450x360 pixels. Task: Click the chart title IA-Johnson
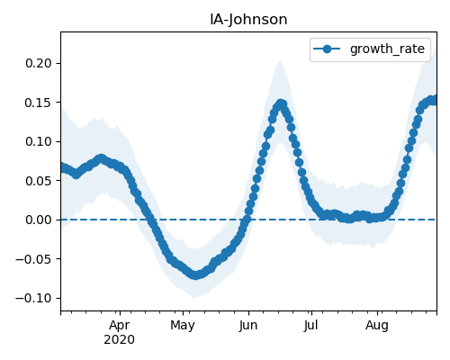click(x=248, y=20)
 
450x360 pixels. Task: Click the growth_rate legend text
click(x=387, y=49)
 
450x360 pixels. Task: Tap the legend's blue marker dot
click(x=327, y=49)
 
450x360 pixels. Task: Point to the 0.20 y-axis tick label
click(x=39, y=63)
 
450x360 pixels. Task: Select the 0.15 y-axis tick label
click(x=39, y=103)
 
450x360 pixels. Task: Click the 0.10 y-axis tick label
click(x=39, y=141)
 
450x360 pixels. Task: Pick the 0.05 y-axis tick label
click(x=39, y=181)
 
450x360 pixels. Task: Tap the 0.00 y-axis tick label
click(x=39, y=220)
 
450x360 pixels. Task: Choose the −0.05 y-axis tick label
click(x=33, y=259)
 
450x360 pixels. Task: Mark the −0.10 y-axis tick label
click(x=33, y=298)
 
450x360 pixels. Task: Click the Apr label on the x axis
click(x=120, y=326)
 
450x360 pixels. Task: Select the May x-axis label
click(x=183, y=326)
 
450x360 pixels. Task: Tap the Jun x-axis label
click(x=248, y=326)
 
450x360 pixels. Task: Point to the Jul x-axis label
click(x=311, y=326)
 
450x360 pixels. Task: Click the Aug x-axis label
click(x=377, y=326)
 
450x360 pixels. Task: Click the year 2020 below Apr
click(x=120, y=340)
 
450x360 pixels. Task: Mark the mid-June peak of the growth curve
click(x=281, y=104)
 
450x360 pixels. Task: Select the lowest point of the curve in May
click(x=195, y=274)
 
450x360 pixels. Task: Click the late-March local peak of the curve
click(x=101, y=158)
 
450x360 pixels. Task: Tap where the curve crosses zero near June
click(x=247, y=220)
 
